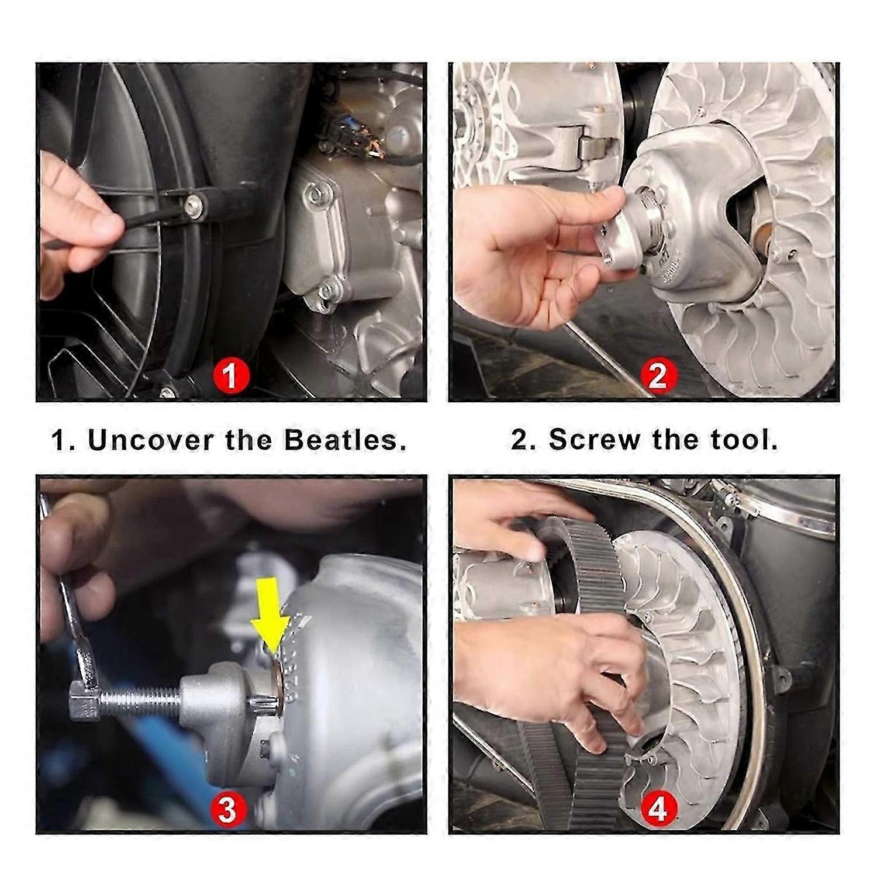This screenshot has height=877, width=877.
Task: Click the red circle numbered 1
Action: pos(230,375)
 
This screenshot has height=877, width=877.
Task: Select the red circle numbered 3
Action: pos(227,810)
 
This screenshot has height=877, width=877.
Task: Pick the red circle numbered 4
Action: pos(658,810)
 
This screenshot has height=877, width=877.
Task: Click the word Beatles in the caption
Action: pos(345,440)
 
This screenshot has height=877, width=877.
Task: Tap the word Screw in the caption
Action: pos(595,439)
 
